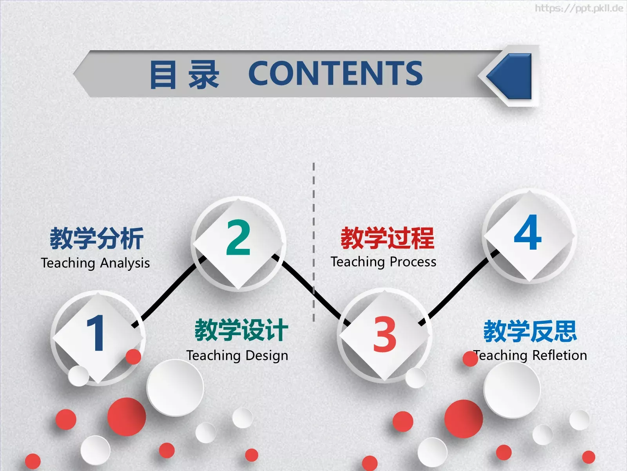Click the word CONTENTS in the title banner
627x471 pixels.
(335, 73)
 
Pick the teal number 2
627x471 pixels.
(238, 237)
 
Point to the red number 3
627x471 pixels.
(384, 334)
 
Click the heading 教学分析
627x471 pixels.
(96, 238)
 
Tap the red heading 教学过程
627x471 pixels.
(387, 238)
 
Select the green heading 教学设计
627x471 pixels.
(241, 330)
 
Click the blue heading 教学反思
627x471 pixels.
(530, 331)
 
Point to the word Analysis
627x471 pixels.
(125, 263)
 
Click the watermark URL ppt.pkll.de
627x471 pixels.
(579, 8)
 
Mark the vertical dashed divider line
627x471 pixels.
(313, 220)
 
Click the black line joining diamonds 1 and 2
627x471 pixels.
(169, 292)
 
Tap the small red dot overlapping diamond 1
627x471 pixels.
(133, 356)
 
